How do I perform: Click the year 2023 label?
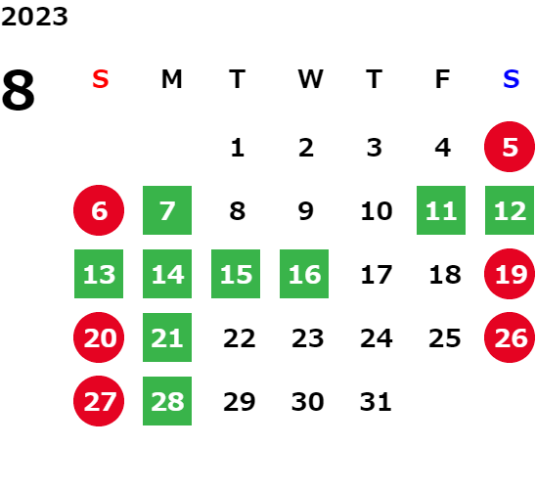(x=34, y=17)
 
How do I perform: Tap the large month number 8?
(x=19, y=90)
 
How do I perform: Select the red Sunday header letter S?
(x=100, y=79)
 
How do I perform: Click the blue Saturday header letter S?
(x=511, y=79)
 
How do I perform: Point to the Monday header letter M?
(x=171, y=79)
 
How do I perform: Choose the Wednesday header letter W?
(x=310, y=79)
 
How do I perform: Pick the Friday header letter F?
(x=442, y=79)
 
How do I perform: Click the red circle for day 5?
(x=510, y=147)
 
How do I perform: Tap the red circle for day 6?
(x=99, y=210)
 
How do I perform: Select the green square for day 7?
(x=167, y=210)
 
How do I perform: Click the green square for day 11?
(x=441, y=210)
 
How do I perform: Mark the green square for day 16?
(x=304, y=274)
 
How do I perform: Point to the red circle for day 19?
(x=510, y=274)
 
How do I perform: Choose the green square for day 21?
(x=167, y=337)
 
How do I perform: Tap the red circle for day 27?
(x=99, y=401)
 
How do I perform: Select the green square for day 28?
(x=167, y=401)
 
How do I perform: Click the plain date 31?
(x=376, y=401)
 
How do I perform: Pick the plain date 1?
(x=238, y=148)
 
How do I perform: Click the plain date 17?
(x=376, y=275)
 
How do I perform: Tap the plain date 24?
(x=376, y=338)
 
